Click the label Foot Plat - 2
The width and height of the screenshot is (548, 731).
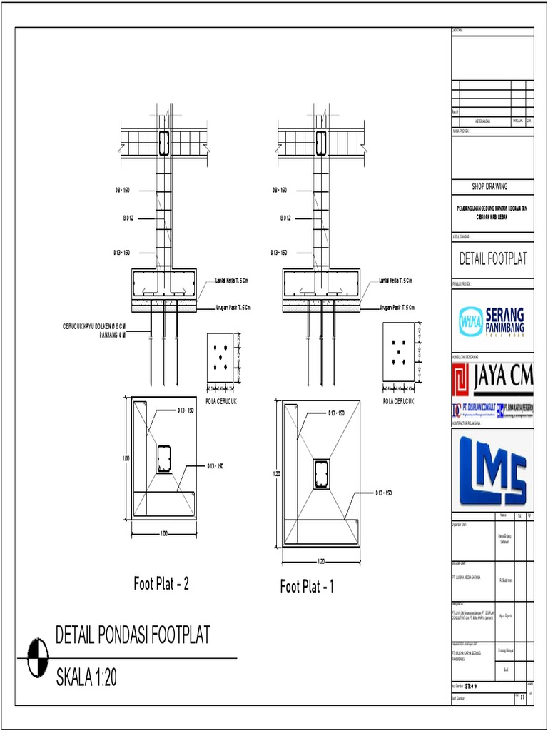161,584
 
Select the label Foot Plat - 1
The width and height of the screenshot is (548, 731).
307,587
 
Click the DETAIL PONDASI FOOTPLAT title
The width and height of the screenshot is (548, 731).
133,635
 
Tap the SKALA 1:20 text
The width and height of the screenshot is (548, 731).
86,677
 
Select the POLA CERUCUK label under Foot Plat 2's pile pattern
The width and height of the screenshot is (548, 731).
221,401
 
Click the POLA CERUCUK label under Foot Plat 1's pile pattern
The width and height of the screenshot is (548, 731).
398,401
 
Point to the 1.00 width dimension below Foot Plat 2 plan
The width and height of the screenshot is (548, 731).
163,533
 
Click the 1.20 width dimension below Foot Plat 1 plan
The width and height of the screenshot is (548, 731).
321,561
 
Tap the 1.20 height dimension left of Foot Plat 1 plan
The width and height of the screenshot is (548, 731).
277,473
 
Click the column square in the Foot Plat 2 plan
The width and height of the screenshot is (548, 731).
164,459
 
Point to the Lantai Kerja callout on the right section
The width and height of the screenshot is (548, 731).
395,281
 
